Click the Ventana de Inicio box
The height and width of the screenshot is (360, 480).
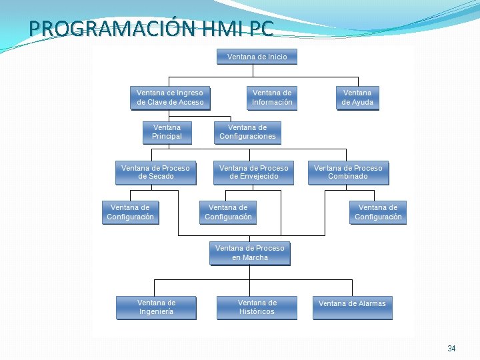pos(257,57)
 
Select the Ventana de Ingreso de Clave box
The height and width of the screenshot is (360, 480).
pos(170,97)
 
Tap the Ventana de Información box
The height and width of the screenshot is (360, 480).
pos(272,97)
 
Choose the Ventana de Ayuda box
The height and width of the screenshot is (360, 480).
pos(357,97)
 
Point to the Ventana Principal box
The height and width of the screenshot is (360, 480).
pos(167,132)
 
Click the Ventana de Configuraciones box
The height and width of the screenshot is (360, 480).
pos(247,132)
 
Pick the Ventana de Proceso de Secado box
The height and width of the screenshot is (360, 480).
pos(155,172)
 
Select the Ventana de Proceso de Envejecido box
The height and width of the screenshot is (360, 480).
pos(253,172)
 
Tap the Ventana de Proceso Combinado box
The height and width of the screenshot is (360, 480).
pos(348,172)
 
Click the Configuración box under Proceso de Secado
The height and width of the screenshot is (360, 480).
pos(130,212)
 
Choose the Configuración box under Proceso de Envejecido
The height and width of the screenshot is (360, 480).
pos(228,212)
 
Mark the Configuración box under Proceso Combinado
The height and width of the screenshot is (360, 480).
pos(378,212)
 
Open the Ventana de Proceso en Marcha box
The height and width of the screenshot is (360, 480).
pos(249,253)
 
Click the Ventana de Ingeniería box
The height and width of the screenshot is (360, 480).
pos(156,307)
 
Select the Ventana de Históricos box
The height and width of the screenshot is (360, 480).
pos(257,307)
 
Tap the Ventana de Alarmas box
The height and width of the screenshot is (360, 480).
pos(352,304)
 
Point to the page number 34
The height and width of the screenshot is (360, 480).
pos(451,349)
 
